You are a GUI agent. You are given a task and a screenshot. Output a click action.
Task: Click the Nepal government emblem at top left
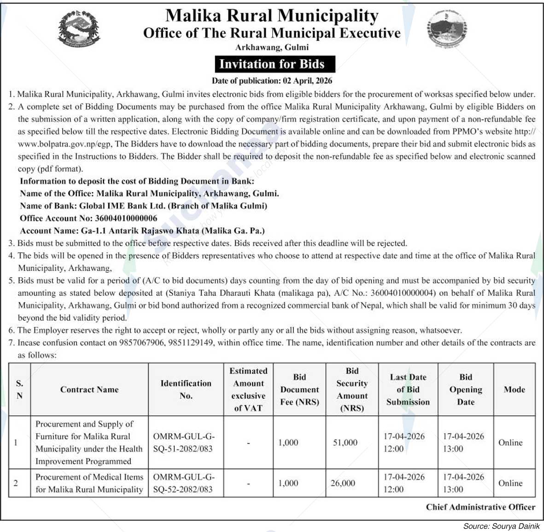click(79, 29)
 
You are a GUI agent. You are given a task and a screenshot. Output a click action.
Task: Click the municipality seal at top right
click(446, 28)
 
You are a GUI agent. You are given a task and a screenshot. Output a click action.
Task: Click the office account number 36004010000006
click(126, 218)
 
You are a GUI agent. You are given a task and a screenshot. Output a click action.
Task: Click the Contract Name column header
click(89, 390)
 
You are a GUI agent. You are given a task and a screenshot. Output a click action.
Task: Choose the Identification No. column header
click(186, 390)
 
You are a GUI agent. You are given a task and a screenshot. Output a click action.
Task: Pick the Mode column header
click(514, 390)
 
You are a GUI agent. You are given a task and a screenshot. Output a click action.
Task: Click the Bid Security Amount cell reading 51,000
click(345, 443)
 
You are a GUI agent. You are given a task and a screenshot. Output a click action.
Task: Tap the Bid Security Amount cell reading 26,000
click(343, 483)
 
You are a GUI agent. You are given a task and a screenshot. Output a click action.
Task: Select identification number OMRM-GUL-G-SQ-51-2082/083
click(183, 443)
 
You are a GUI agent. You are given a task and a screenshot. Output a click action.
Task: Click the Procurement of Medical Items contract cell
click(89, 483)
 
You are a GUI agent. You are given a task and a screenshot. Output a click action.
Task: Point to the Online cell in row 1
click(510, 443)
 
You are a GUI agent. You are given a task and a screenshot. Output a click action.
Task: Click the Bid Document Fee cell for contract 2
click(288, 483)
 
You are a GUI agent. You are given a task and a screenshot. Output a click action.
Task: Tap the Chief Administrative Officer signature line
click(480, 507)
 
